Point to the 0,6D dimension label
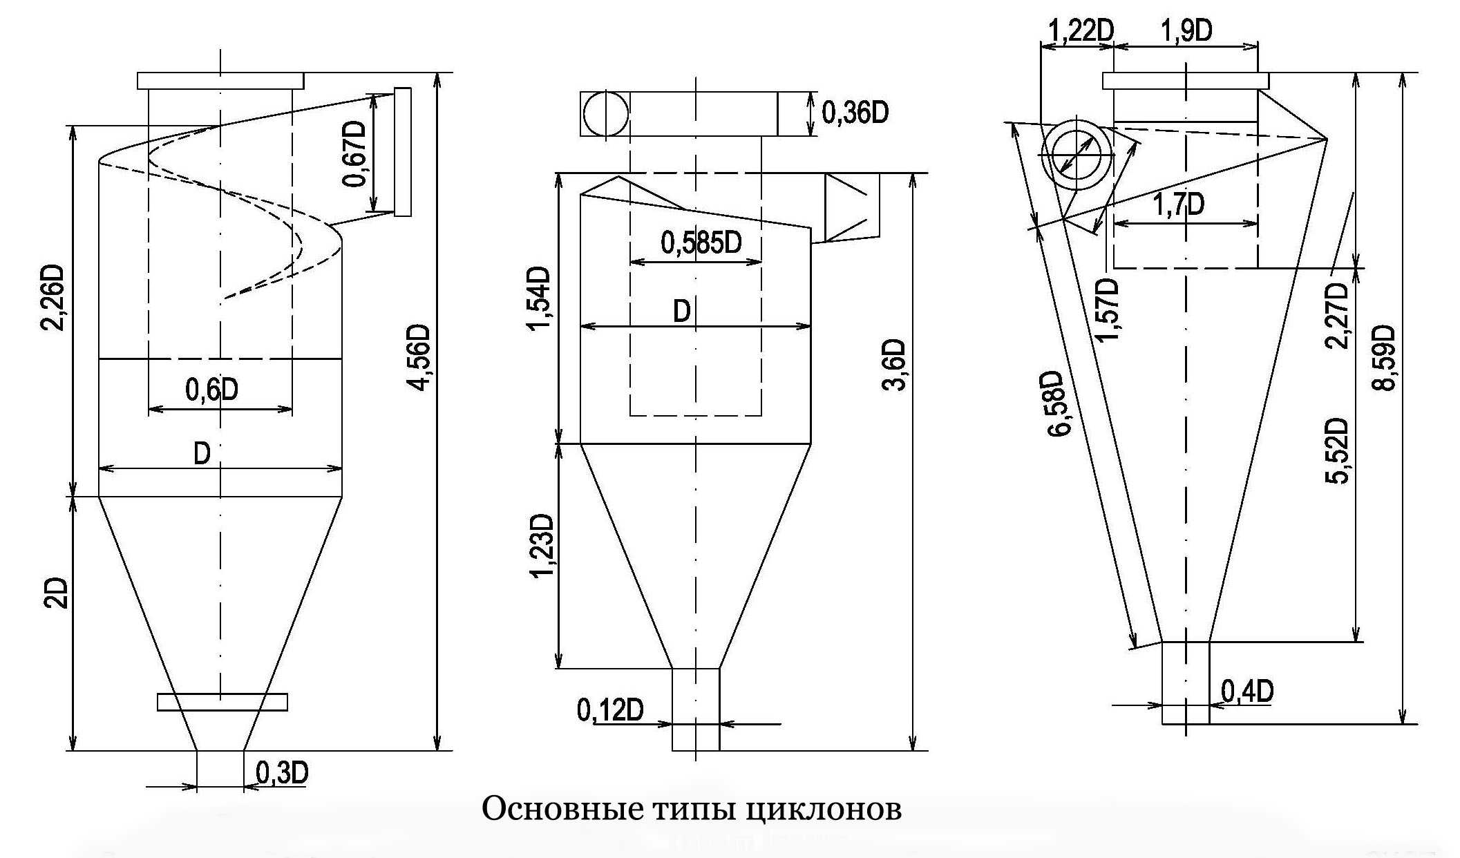[x=211, y=390]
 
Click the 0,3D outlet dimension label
[x=282, y=772]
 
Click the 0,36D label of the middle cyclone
[x=855, y=112]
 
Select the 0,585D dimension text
[x=701, y=242]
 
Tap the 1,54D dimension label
[x=540, y=298]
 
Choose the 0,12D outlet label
[x=610, y=710]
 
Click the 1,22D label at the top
[x=1082, y=31]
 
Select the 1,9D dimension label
[x=1187, y=31]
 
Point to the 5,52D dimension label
[x=1338, y=450]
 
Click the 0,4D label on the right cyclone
[x=1247, y=692]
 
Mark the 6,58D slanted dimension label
[x=1058, y=404]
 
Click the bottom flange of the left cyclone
[x=222, y=702]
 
